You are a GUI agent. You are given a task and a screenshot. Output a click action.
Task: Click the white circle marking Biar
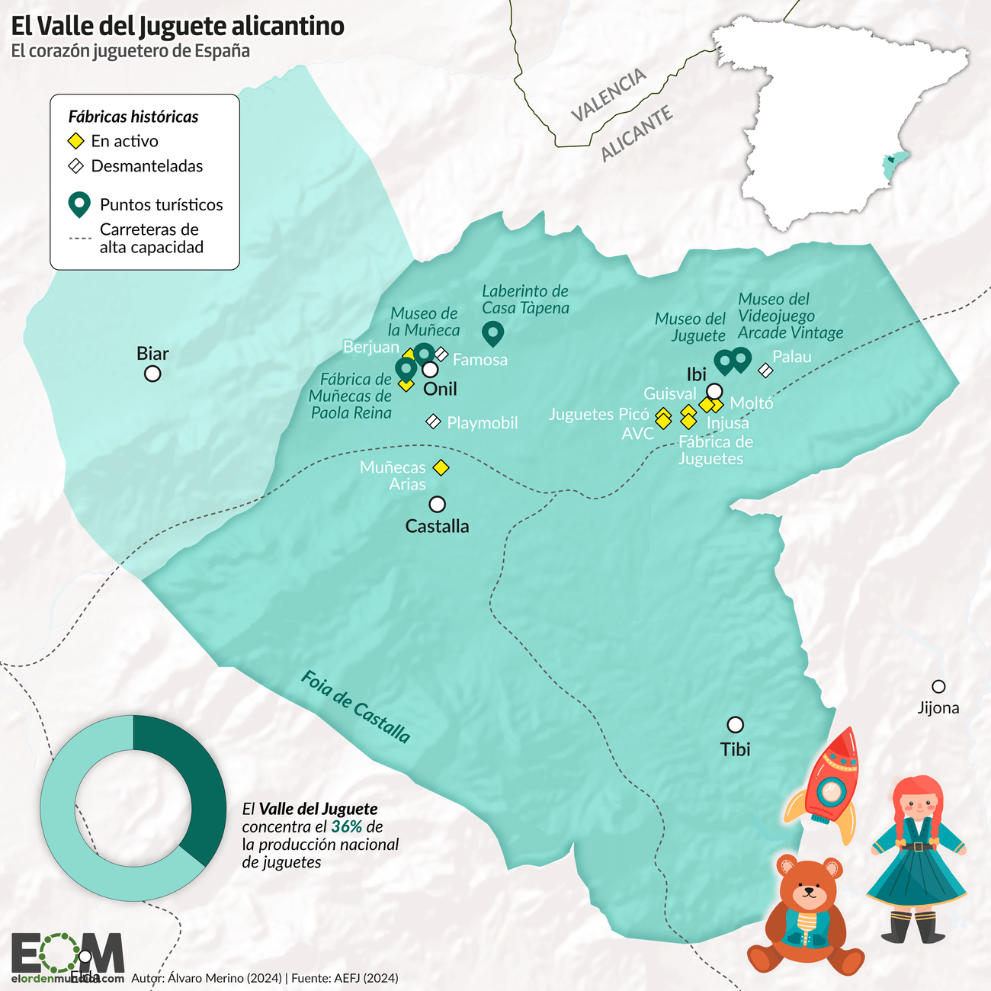click(152, 374)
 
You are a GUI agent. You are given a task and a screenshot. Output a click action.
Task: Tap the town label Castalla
click(437, 526)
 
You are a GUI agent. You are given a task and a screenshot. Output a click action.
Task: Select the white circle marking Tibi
click(735, 724)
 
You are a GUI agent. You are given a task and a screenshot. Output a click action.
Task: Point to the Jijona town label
click(938, 707)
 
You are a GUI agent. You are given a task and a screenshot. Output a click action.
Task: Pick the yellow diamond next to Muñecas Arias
click(441, 467)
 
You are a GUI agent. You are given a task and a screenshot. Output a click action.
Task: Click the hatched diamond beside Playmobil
click(433, 421)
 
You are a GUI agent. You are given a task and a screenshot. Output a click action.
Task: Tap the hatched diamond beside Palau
click(765, 370)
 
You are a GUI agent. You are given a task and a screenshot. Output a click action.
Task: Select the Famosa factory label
click(480, 360)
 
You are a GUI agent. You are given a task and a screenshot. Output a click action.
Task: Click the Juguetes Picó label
click(598, 414)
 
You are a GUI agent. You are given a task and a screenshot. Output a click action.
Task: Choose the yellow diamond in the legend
click(76, 141)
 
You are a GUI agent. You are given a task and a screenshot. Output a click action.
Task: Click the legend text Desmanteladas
click(146, 166)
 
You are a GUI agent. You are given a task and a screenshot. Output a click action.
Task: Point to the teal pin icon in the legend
click(79, 204)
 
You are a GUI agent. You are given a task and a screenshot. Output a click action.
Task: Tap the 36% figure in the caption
click(346, 827)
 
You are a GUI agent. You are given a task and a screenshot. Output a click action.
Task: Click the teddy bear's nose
click(808, 892)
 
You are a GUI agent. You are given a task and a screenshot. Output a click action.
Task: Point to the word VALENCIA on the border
click(609, 95)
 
